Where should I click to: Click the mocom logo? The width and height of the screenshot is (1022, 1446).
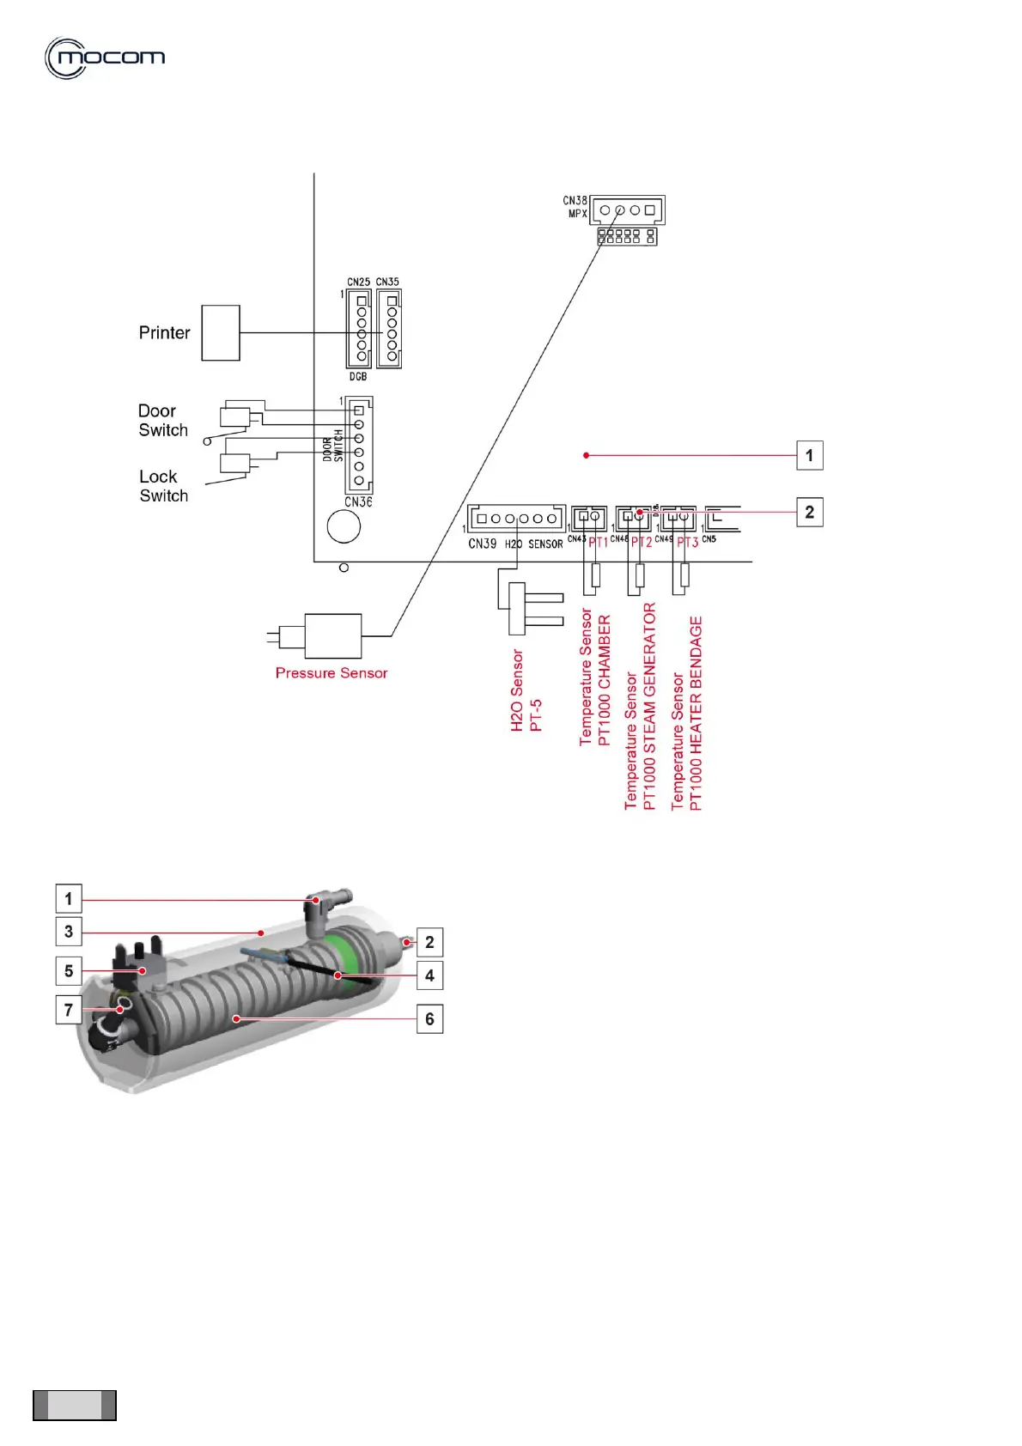coord(105,58)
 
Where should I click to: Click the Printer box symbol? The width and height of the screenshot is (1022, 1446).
coord(221,332)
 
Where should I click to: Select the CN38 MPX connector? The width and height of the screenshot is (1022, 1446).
coord(628,210)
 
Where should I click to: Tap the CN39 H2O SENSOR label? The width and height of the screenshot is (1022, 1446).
coord(515,544)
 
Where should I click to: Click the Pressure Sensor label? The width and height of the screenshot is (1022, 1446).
coord(332,673)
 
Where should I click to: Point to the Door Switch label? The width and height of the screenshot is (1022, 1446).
coord(162,421)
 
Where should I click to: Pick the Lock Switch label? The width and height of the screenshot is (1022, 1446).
coord(163,486)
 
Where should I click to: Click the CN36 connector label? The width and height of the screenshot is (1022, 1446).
coord(358,502)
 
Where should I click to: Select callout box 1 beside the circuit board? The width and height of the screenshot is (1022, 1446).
coord(809,455)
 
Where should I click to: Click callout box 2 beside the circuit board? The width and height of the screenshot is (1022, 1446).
coord(809,513)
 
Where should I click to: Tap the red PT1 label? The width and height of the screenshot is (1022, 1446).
coord(598,543)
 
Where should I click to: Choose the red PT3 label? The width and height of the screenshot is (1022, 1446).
coord(687,543)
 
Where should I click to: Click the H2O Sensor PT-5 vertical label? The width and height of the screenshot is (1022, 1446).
coord(526,690)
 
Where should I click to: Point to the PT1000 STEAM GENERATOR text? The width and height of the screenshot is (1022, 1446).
coord(650,706)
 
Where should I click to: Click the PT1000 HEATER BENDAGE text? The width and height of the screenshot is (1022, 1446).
coord(696,713)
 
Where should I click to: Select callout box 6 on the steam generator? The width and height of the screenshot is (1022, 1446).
coord(429,1019)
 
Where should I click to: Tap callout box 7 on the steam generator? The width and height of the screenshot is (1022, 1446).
coord(69,1010)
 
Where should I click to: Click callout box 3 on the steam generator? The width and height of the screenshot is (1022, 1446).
coord(69,932)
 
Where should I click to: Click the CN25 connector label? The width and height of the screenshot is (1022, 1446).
coord(358,282)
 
